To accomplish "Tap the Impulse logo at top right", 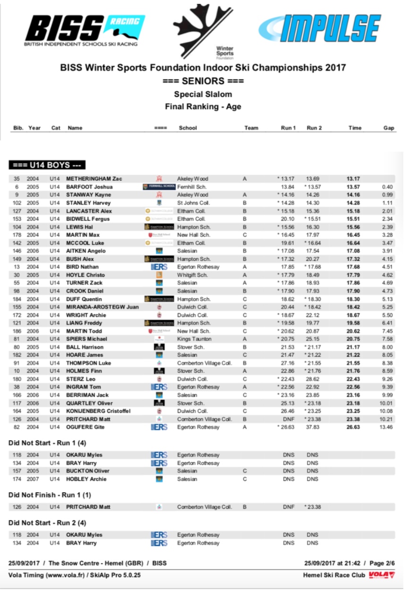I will tap(320, 28).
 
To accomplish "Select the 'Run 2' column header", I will tap(314, 128).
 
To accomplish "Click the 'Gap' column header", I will tap(389, 128).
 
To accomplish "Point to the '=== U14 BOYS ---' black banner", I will tap(47, 165).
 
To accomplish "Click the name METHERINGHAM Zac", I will tap(94, 179).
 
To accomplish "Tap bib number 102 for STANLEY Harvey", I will tap(17, 203).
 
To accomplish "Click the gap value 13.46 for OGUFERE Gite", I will tap(386, 427).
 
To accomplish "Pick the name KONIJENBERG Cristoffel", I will tap(98, 411).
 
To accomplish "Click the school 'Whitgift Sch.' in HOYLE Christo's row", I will tap(192, 275).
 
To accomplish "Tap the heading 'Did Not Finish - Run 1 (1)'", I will tap(50, 495).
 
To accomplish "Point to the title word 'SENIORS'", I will tap(203, 81).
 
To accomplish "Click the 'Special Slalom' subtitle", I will tap(203, 94).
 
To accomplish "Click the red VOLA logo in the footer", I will tap(381, 575).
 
